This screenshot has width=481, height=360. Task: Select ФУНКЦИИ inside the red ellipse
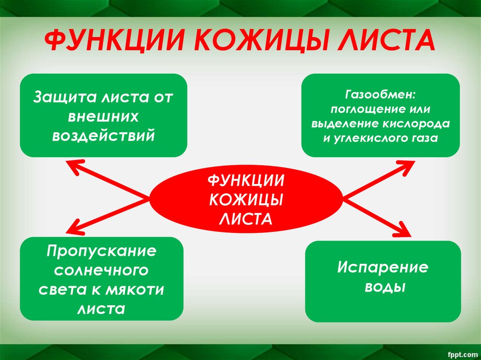point(245,181)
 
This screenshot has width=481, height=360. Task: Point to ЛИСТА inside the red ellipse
point(245,219)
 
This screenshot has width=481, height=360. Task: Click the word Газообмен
point(380,95)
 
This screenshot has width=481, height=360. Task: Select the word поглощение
point(361,109)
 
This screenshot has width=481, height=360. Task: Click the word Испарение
point(383,268)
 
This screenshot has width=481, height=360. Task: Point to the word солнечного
point(101,270)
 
